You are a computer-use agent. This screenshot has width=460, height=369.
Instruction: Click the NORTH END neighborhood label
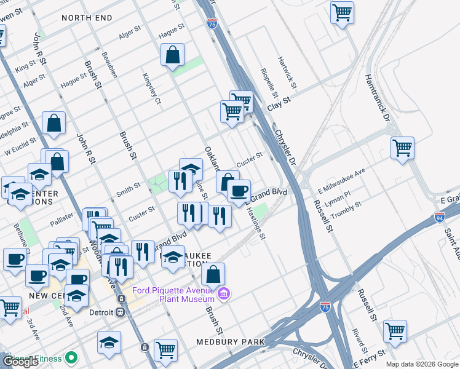(x=87, y=18)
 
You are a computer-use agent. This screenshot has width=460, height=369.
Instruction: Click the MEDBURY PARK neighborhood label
(x=230, y=341)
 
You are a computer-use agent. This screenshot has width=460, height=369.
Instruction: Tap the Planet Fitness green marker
(x=71, y=357)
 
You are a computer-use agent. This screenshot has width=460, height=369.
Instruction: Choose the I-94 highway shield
(x=439, y=217)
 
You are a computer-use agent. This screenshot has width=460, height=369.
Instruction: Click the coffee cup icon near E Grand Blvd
(x=239, y=191)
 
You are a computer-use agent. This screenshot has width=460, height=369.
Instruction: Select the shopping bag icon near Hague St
(x=173, y=55)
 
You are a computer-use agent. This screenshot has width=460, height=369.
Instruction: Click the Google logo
(x=20, y=362)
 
